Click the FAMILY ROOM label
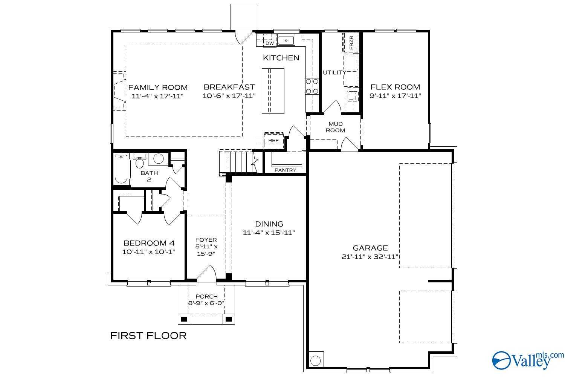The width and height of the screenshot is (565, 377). [158, 87]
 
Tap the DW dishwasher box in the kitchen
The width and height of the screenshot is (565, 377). [269, 43]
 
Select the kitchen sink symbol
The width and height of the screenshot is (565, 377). [287, 40]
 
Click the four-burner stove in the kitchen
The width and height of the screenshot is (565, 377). [312, 86]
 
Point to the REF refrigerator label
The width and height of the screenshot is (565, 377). [273, 140]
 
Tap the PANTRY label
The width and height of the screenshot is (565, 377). [285, 170]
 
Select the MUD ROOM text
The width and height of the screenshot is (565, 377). [335, 127]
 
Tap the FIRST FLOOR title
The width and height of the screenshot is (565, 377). [148, 336]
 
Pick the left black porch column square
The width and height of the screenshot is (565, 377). [184, 319]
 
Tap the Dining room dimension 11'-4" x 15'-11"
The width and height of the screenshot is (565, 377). [269, 233]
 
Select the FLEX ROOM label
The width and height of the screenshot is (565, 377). [395, 87]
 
